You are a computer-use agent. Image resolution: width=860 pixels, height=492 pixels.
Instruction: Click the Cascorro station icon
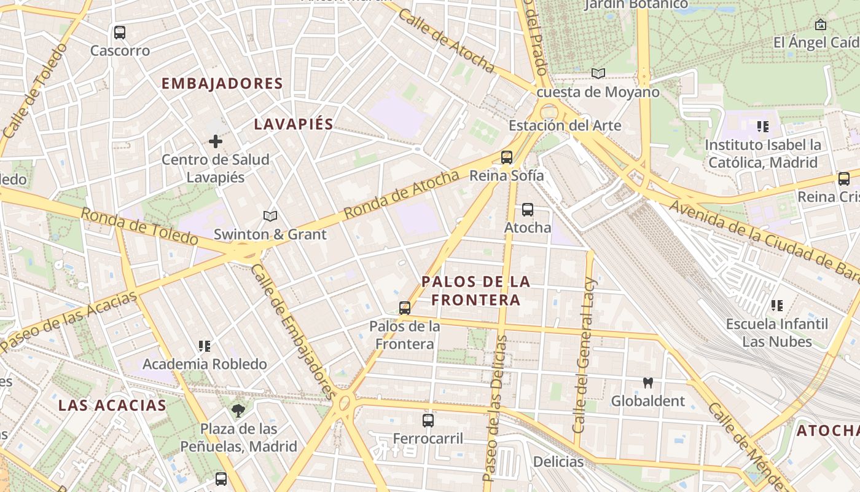point(120,33)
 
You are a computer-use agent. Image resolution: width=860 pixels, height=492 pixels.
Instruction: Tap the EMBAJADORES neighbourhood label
point(222,84)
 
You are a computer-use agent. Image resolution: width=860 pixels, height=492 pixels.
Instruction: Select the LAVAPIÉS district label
point(294,124)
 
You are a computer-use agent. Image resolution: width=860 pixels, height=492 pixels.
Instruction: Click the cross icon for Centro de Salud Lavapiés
point(215,142)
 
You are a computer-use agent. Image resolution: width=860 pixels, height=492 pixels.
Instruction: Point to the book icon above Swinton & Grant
point(270,216)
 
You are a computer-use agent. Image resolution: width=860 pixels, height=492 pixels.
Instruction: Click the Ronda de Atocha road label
point(401,194)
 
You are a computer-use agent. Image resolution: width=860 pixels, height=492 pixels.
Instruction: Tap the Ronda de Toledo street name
point(139,226)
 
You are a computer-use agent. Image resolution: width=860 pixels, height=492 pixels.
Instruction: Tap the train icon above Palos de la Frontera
point(405,308)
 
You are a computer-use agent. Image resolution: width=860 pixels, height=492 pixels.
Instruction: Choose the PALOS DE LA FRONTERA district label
point(475,291)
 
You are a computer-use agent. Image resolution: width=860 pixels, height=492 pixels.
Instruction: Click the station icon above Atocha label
point(527,210)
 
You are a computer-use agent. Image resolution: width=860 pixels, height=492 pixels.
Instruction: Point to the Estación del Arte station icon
point(507,157)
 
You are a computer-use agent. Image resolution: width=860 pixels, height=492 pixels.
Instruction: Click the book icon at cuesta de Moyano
point(598,74)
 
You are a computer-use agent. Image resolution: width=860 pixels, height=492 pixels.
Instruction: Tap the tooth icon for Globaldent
point(647,383)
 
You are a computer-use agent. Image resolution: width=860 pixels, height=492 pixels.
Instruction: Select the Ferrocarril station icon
point(428,421)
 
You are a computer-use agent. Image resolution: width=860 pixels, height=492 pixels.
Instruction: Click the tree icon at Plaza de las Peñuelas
point(238,410)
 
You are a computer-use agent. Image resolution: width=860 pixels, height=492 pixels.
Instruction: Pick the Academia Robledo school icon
point(205,346)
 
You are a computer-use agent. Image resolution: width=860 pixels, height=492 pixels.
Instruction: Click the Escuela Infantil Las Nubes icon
point(777,306)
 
